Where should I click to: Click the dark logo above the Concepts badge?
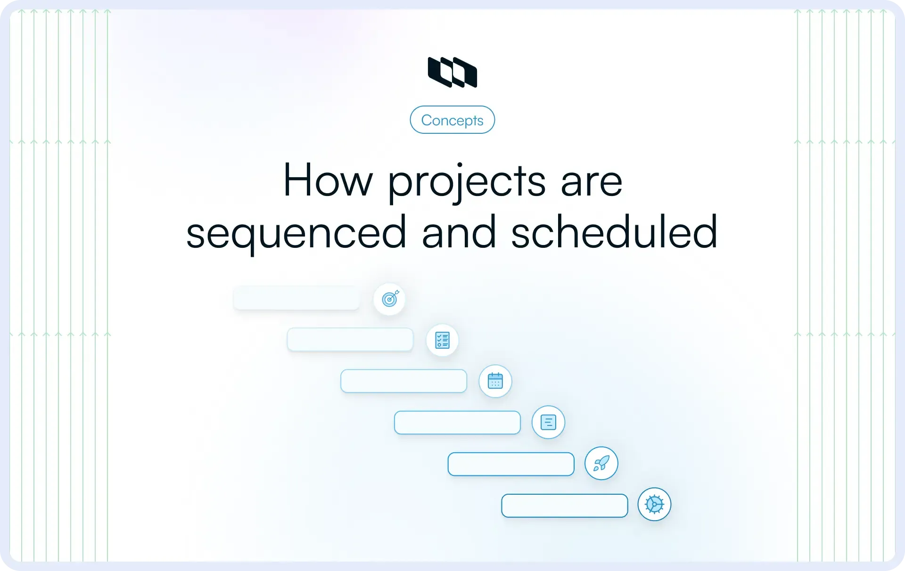click(452, 72)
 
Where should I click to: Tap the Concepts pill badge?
click(452, 120)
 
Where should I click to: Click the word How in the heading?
click(328, 180)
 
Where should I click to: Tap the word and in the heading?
click(459, 232)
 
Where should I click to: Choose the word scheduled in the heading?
click(614, 232)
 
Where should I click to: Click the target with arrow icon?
click(390, 299)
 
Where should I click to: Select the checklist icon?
click(442, 340)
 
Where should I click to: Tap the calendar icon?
click(495, 381)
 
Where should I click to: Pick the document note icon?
click(548, 422)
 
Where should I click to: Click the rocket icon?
click(601, 463)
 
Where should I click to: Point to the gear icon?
click(654, 504)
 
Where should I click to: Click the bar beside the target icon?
click(296, 298)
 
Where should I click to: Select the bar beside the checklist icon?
click(350, 340)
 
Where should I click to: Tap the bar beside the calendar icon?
click(404, 381)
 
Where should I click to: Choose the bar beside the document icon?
click(457, 423)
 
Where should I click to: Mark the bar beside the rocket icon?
click(511, 464)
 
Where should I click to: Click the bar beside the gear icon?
click(565, 506)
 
